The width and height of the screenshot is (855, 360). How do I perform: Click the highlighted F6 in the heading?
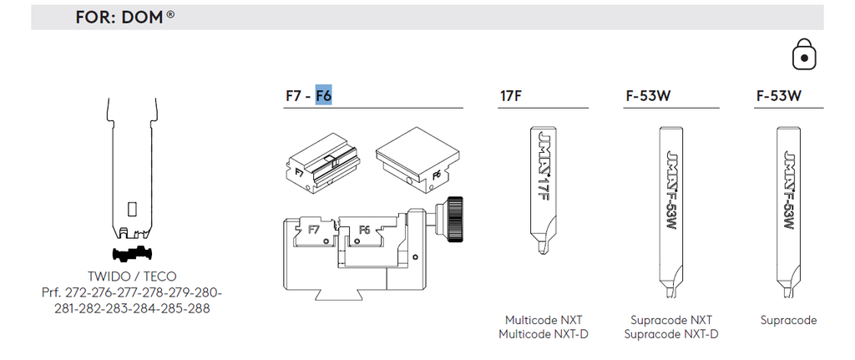pos(324,95)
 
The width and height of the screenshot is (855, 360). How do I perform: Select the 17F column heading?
pos(510,96)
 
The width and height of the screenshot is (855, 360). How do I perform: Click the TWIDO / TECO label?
pos(132,276)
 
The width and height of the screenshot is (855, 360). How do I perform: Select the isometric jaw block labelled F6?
pos(417,160)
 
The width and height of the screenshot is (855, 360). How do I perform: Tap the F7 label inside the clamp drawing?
pos(314,230)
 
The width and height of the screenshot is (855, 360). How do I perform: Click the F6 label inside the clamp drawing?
pos(364,231)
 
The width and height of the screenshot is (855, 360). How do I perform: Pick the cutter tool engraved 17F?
pos(543,191)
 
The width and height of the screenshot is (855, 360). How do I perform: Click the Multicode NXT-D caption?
pos(543,334)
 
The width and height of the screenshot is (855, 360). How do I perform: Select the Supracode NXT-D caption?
pos(670,334)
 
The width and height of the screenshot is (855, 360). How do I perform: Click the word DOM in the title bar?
pos(142,18)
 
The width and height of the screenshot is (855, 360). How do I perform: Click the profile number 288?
pos(200,309)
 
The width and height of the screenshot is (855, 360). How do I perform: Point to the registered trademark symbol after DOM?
pos(170,14)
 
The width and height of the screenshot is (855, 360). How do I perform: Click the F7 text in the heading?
pos(293,96)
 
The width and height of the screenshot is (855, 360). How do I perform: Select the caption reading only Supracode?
pos(788,320)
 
